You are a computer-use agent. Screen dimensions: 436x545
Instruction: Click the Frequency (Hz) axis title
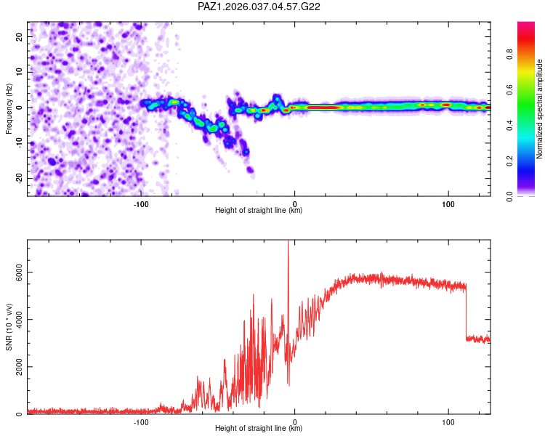point(9,108)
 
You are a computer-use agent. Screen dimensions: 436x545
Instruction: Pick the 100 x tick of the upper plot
point(448,203)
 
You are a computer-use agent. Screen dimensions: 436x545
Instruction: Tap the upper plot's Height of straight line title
point(259,211)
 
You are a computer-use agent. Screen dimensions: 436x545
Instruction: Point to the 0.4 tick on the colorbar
point(530,124)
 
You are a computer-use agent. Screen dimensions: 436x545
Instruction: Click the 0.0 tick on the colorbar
point(530,195)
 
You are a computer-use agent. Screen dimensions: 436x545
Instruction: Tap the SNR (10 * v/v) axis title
point(9,327)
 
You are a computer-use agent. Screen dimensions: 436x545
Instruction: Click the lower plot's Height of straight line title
point(259,429)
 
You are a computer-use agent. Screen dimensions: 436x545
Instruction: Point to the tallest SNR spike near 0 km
point(288,243)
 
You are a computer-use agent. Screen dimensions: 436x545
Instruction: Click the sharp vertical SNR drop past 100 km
point(466,312)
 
